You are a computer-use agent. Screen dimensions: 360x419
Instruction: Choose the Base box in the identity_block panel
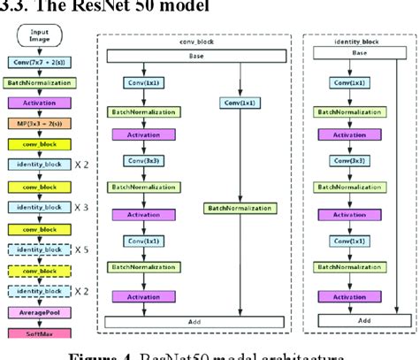pyautogui.click(x=357, y=52)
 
